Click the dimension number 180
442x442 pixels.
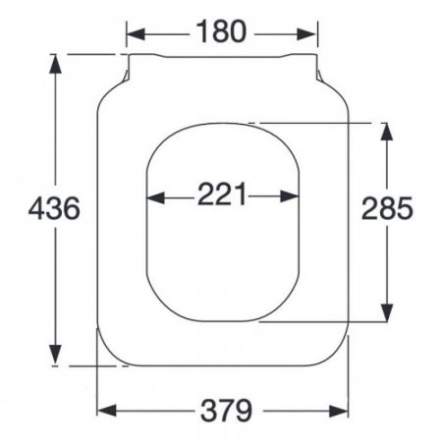pos(221,31)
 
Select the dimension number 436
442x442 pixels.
pos(54,208)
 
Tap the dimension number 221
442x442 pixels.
pos(222,193)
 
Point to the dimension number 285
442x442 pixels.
pos(387,208)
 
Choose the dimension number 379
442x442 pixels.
pos(226,411)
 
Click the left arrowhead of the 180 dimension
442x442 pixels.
pos(136,34)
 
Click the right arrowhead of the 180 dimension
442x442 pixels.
pos(307,34)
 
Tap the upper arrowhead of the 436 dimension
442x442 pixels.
pos(55,63)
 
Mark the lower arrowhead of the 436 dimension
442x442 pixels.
pos(56,355)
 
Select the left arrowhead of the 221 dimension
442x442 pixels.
pos(155,197)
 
